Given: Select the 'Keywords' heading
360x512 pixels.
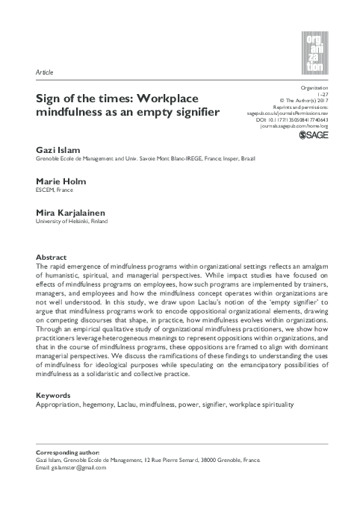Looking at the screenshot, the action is (x=54, y=395).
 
